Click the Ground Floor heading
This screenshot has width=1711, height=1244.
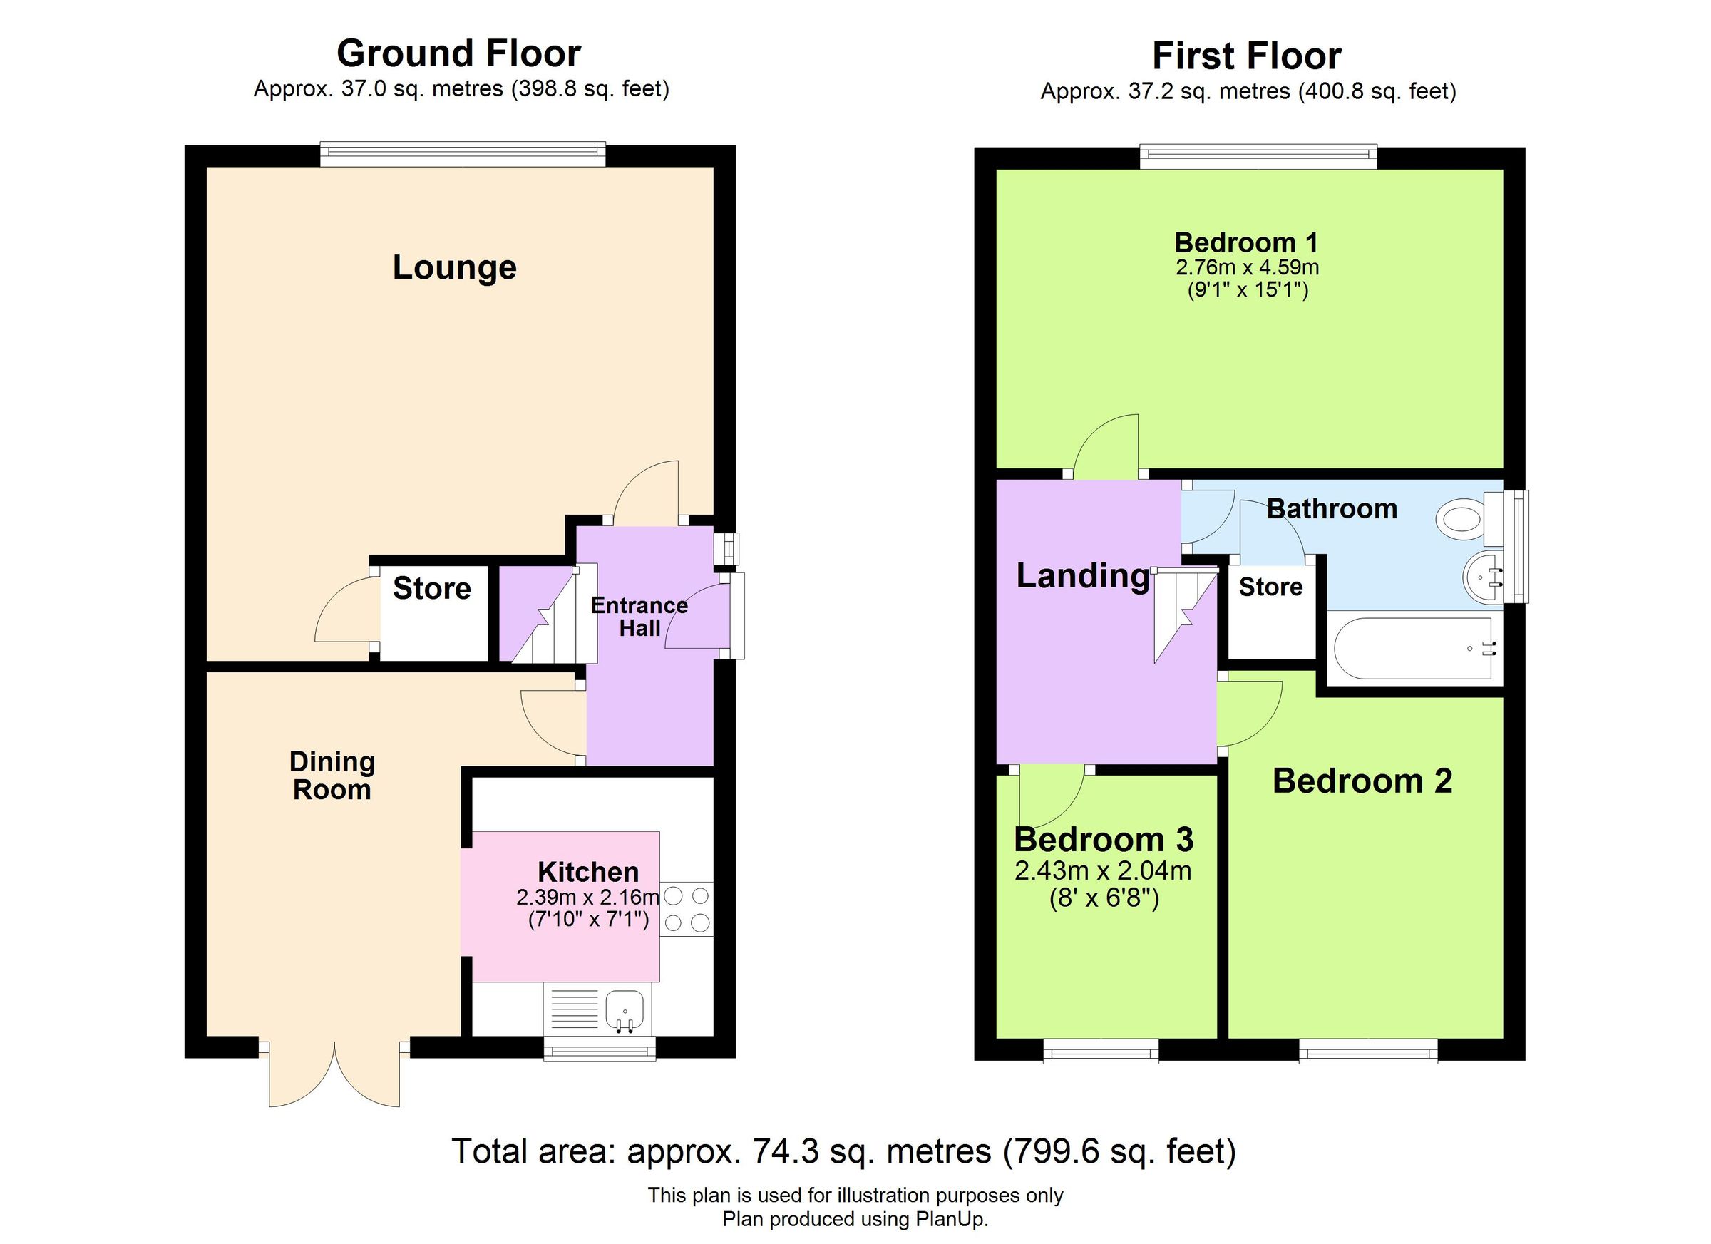[458, 54]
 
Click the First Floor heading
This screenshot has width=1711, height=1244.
[1246, 56]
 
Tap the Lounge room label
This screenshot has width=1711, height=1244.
[454, 268]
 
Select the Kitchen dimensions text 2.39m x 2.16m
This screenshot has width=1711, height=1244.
[587, 898]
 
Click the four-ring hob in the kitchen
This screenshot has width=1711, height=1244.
[687, 909]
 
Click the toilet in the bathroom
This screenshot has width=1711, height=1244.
[1460, 519]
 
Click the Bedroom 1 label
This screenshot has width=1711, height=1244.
[1246, 244]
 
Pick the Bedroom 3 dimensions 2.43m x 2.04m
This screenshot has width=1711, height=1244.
[1102, 871]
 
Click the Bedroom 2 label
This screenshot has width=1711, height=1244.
[1362, 781]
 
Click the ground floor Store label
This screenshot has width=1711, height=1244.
[431, 589]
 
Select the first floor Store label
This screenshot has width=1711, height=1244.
[1270, 587]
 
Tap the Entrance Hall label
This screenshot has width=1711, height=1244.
[639, 617]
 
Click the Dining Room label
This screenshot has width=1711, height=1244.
[332, 776]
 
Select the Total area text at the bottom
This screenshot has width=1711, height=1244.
[843, 1151]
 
